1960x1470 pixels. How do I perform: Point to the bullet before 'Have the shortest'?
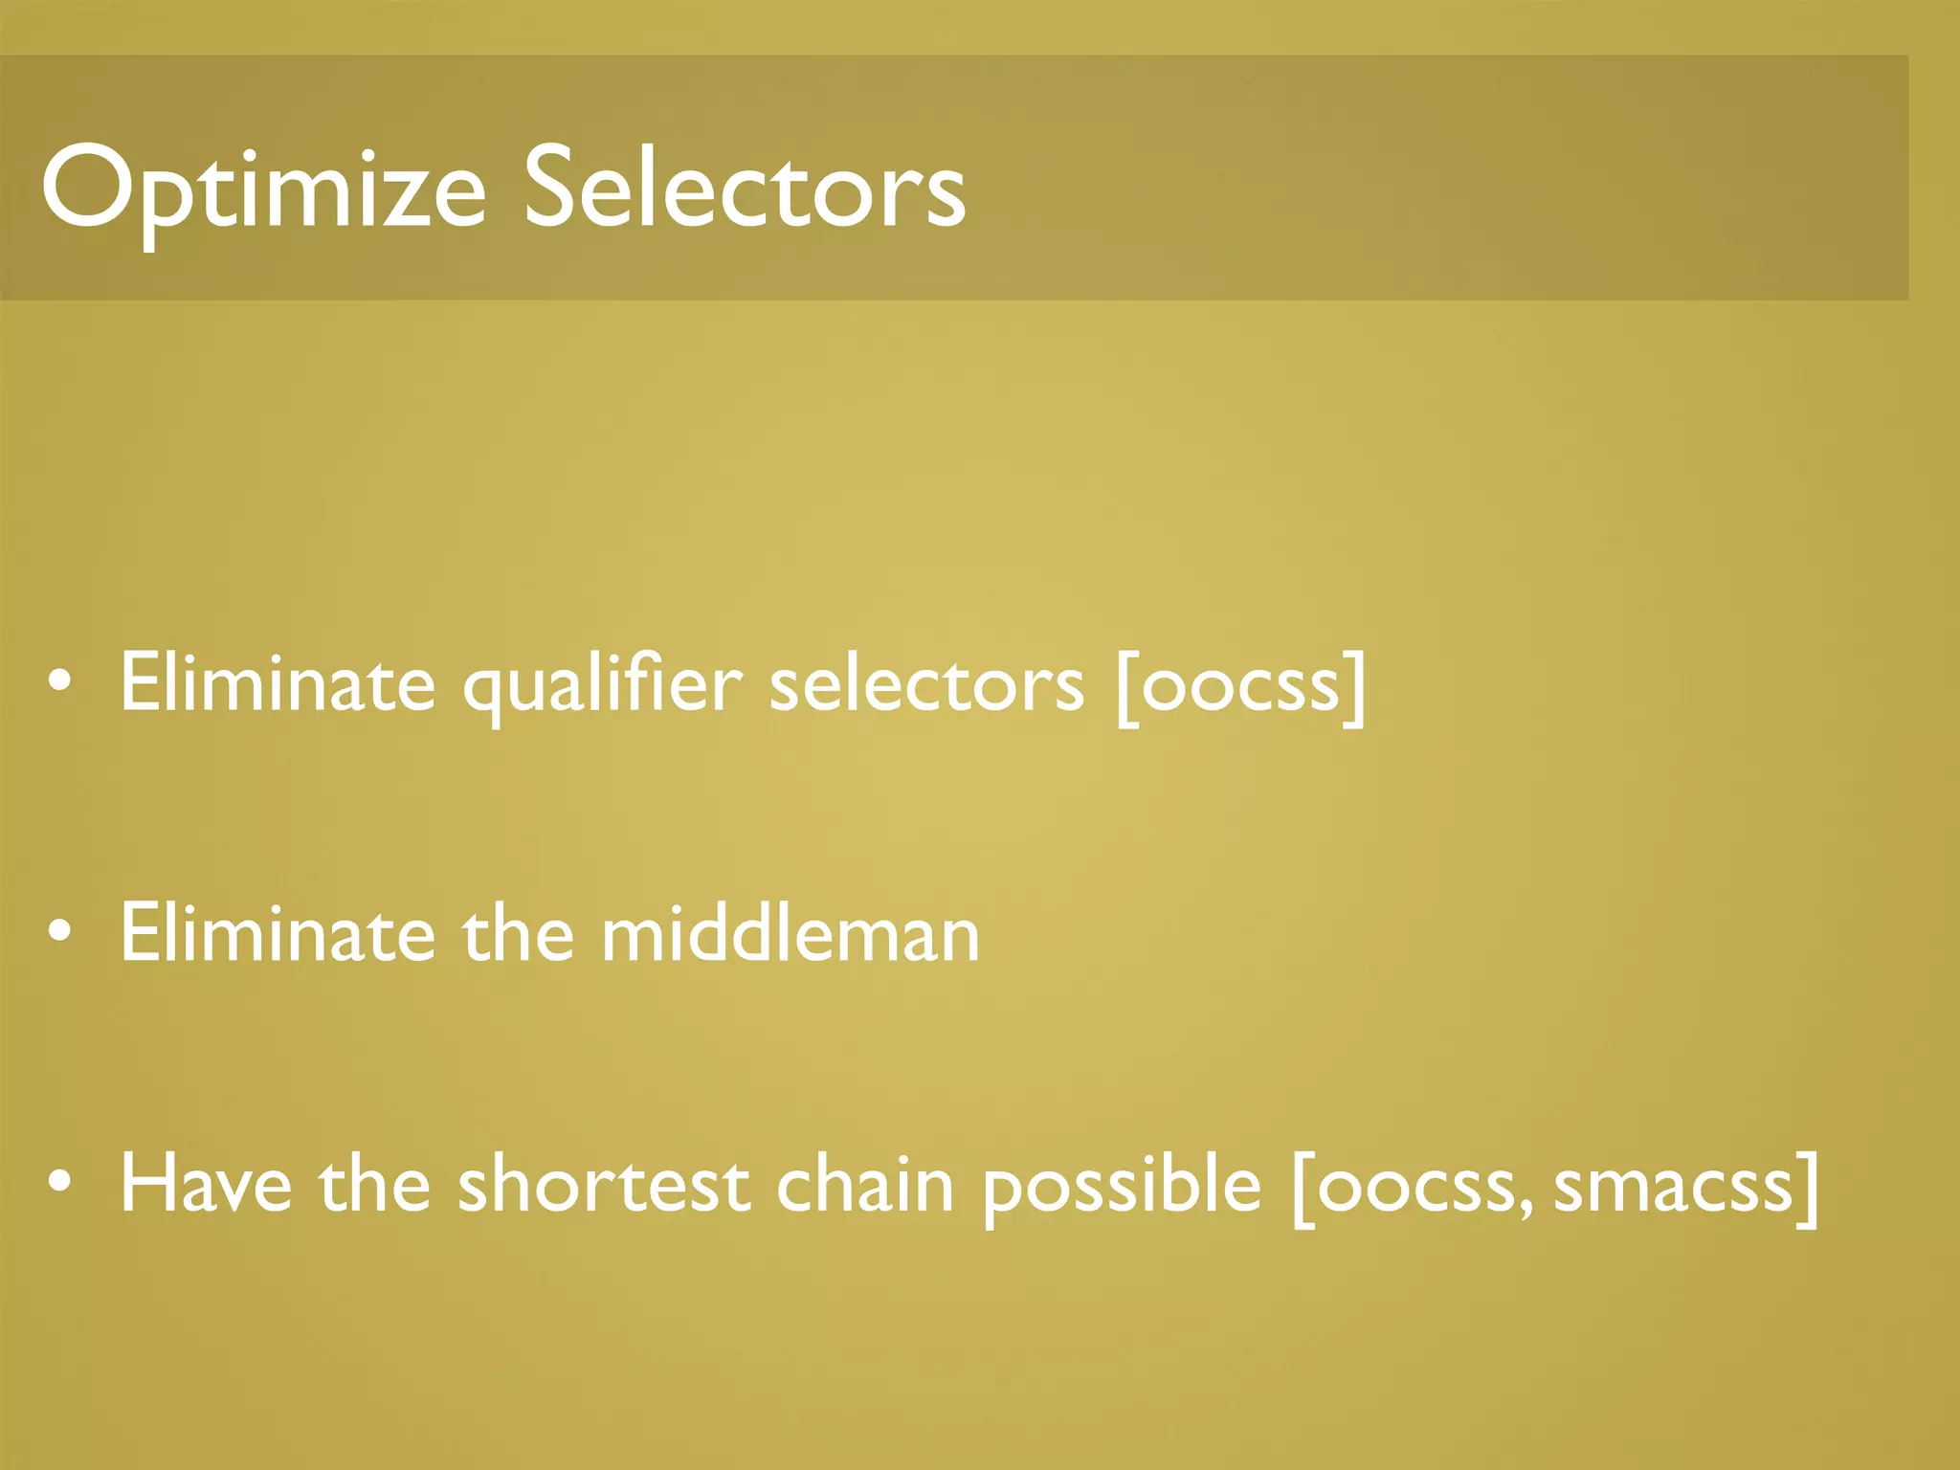[x=59, y=1184]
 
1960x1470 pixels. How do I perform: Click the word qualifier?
[x=602, y=685]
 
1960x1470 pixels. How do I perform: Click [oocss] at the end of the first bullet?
[x=1241, y=685]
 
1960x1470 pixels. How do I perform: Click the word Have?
[x=206, y=1185]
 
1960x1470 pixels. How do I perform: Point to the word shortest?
[x=603, y=1185]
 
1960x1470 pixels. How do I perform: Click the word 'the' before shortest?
[x=374, y=1185]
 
